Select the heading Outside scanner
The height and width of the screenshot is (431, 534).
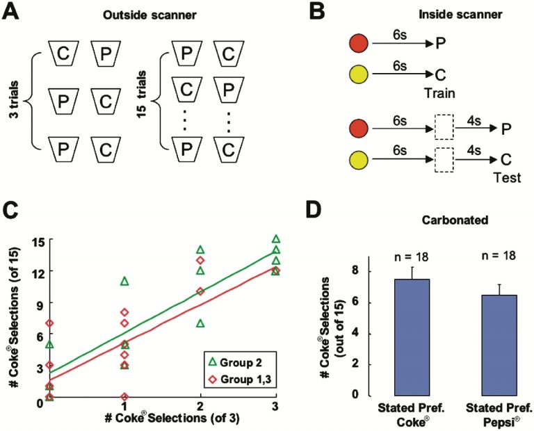[x=150, y=15]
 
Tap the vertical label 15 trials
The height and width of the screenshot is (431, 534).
[x=141, y=94]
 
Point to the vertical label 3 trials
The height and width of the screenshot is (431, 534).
[x=14, y=99]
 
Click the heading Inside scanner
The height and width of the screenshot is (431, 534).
[x=460, y=15]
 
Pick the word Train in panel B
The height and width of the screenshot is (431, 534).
[x=439, y=93]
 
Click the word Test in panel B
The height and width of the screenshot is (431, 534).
[x=507, y=177]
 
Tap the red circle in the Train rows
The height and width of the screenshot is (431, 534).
[x=359, y=44]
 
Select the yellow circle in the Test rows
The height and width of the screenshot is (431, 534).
[x=359, y=160]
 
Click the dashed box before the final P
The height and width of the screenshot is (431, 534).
[x=444, y=127]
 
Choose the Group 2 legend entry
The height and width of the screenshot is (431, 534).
[x=236, y=363]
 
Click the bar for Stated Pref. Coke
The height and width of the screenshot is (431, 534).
[x=412, y=337]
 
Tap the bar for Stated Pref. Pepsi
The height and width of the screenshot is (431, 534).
[x=499, y=345]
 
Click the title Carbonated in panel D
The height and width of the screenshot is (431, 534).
[x=455, y=220]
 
